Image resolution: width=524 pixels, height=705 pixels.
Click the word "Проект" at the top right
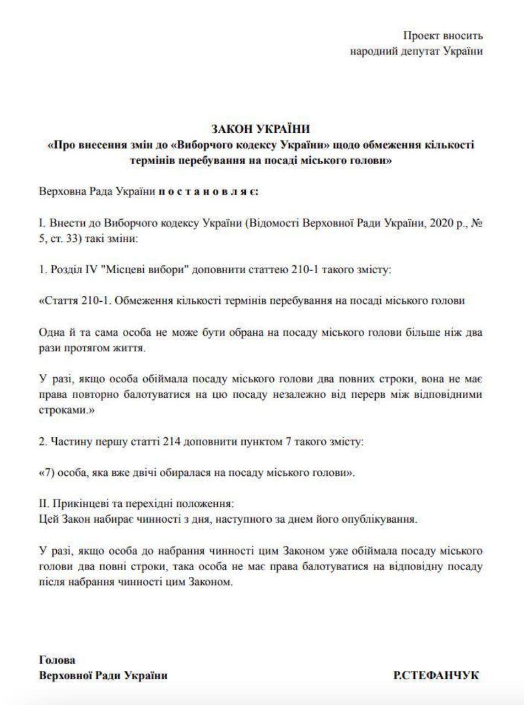click(x=420, y=36)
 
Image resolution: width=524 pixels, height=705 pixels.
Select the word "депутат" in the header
click(x=424, y=52)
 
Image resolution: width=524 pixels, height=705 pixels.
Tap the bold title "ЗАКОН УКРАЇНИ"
click(x=261, y=129)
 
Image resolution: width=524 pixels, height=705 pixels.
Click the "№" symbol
click(x=477, y=225)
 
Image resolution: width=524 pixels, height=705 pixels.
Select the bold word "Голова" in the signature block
click(x=57, y=660)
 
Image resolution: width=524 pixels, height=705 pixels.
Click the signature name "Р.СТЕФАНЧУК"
click(x=436, y=676)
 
